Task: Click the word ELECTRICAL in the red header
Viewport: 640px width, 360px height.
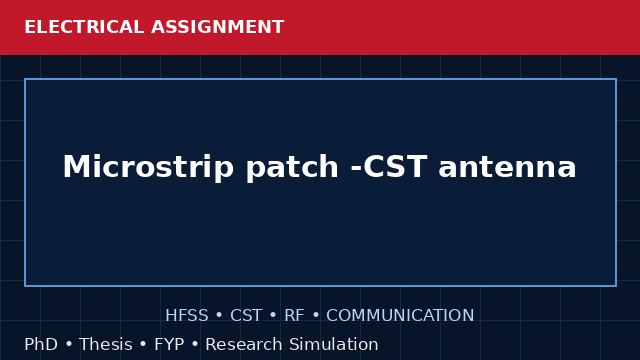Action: (x=84, y=27)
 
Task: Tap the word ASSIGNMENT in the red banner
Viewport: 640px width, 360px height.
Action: (x=217, y=27)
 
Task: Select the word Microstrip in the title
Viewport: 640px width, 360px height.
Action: (x=148, y=167)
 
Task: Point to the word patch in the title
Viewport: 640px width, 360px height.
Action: (x=292, y=168)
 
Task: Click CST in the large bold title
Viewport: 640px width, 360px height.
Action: (x=395, y=167)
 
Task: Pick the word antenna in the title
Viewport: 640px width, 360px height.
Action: (x=507, y=168)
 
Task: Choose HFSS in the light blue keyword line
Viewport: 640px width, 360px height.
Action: (x=187, y=316)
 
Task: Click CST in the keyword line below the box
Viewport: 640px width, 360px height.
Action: (x=246, y=316)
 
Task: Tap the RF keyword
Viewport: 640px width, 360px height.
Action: (x=294, y=316)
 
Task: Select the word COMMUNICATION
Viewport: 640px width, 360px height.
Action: (x=400, y=316)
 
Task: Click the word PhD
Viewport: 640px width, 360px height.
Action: (x=41, y=344)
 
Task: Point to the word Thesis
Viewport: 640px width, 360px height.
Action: (x=106, y=344)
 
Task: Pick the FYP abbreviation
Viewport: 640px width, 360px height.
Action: (x=169, y=344)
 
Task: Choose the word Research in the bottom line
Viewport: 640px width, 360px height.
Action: (x=244, y=344)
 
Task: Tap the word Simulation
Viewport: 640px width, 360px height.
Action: (x=334, y=344)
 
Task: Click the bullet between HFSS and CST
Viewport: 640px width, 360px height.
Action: (x=219, y=316)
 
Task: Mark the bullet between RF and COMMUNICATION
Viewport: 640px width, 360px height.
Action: (x=316, y=316)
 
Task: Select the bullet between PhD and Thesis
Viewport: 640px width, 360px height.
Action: (x=69, y=344)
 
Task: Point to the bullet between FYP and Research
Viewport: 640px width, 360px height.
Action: (x=195, y=344)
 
